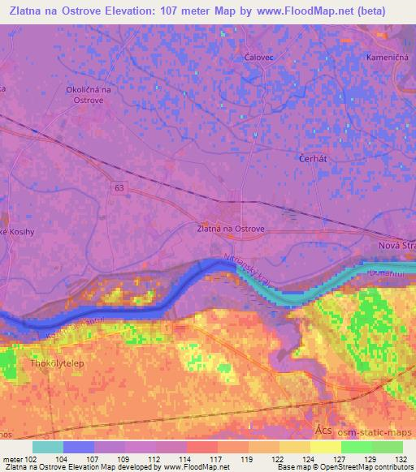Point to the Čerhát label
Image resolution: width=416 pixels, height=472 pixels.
pyautogui.click(x=313, y=159)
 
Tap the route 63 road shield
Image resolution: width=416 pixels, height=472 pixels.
pyautogui.click(x=120, y=187)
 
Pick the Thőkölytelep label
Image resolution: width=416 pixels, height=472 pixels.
pyautogui.click(x=58, y=363)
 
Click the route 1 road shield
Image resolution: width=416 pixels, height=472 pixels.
pyautogui.click(x=167, y=327)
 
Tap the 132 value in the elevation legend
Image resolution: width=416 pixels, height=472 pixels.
pyautogui.click(x=401, y=460)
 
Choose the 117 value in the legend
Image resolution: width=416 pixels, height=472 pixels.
pyautogui.click(x=219, y=460)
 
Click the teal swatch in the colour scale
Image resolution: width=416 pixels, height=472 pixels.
pyautogui.click(x=48, y=447)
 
